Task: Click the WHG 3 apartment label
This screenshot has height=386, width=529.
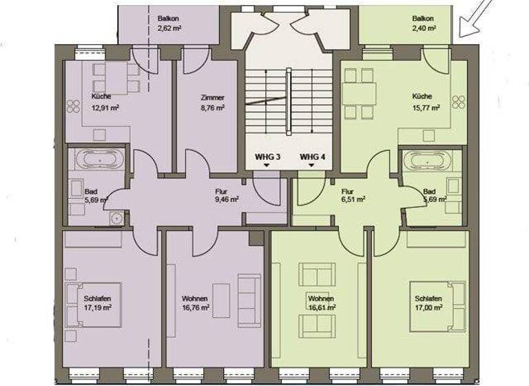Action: click(267, 157)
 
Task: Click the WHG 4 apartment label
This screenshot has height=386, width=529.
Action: click(312, 157)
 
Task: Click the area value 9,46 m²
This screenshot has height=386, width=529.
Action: click(227, 199)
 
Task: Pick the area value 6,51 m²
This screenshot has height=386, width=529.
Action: click(353, 199)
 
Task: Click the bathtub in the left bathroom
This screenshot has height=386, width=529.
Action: click(100, 160)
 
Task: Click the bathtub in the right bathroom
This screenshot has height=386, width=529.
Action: click(427, 160)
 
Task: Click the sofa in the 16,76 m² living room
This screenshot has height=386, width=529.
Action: click(249, 301)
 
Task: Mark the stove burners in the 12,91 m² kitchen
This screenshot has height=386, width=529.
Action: click(73, 105)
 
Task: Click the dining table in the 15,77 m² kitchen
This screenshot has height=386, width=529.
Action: click(360, 92)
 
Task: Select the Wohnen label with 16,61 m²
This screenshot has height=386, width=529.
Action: click(322, 303)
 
